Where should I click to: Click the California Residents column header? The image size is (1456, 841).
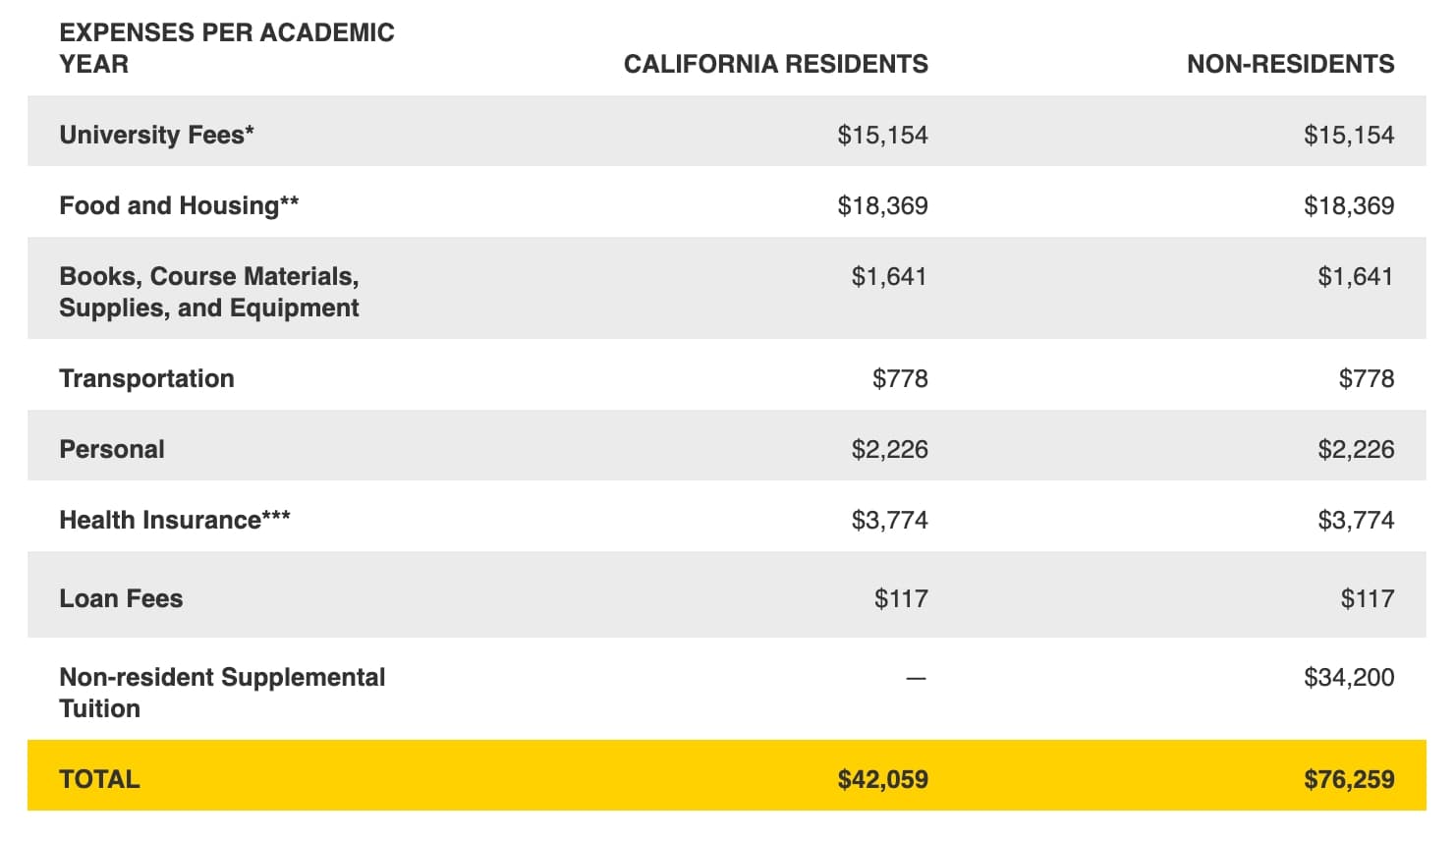775,65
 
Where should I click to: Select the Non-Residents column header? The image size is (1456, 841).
1290,65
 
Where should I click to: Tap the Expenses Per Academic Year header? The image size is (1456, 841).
226,48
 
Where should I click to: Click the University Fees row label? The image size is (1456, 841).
156,135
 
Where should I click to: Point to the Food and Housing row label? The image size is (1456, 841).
179,205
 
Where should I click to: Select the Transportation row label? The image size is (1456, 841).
146,378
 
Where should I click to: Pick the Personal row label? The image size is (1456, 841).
112,449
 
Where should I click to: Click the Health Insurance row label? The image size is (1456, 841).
175,520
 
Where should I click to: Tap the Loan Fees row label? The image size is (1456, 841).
121,598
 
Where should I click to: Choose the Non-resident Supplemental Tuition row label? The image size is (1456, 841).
222,693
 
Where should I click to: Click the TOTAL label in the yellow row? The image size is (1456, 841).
99,779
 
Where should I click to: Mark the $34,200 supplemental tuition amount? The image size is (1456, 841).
1348,677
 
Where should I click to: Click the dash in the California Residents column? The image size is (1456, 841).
916,678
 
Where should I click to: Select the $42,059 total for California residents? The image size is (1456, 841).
882,779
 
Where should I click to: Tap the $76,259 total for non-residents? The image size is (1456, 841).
1348,779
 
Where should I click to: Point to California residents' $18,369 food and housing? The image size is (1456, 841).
882,205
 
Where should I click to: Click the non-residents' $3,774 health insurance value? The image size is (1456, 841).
1356,520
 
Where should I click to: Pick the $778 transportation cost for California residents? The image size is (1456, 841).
900,378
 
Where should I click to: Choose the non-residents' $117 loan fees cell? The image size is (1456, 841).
1367,598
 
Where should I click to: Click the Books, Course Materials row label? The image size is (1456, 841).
208,292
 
